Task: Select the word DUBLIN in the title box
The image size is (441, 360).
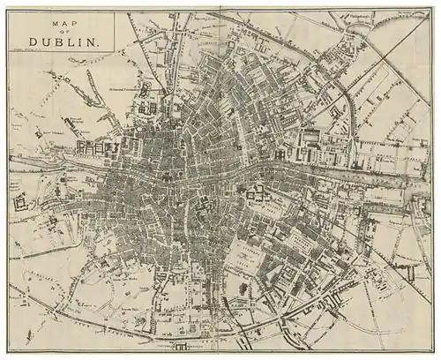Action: [63, 41]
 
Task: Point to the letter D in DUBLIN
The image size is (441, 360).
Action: [33, 41]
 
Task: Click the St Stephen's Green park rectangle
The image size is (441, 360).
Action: [250, 255]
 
